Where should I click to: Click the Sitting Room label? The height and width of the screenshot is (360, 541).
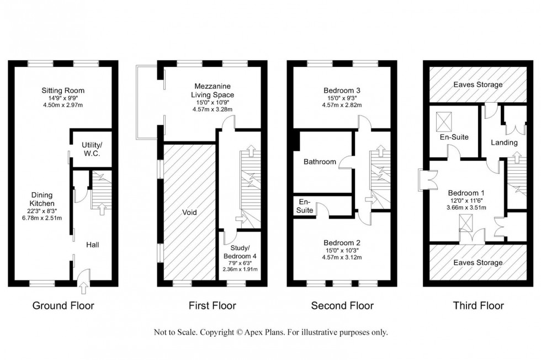coord(62,91)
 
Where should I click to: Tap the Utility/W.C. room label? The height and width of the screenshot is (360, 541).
coord(86,149)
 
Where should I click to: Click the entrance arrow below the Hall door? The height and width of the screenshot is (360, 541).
coord(83,287)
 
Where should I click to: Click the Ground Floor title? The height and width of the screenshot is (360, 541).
coord(63,306)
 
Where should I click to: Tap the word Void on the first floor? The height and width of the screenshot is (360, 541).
coord(190,212)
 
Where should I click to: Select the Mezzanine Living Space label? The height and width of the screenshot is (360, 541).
coord(212,91)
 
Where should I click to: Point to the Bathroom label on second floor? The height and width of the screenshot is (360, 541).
coord(320,162)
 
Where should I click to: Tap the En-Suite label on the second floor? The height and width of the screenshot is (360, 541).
coord(306,206)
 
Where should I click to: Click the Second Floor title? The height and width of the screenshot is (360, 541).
coord(342,306)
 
